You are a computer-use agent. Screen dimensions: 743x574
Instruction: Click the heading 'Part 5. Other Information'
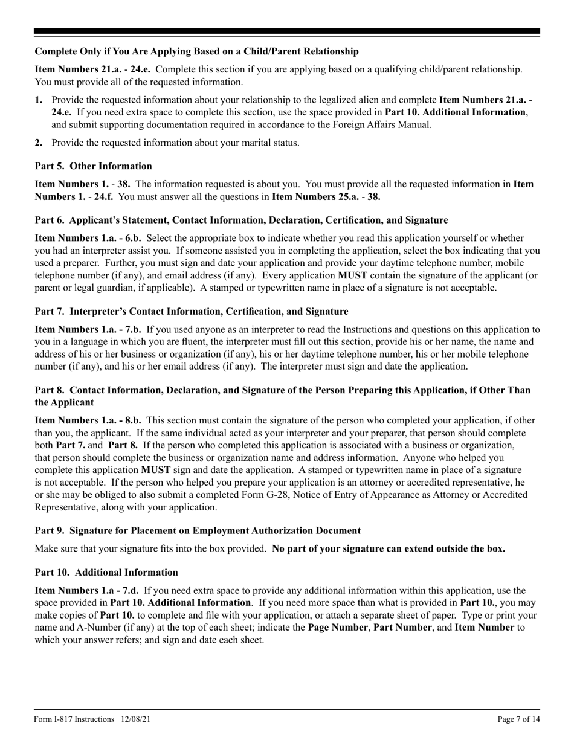[94, 166]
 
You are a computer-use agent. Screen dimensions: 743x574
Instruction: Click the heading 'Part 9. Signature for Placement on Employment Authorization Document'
[198, 531]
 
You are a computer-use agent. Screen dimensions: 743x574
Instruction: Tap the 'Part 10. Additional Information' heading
[106, 573]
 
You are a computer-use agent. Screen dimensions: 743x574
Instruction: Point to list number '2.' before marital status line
[39, 143]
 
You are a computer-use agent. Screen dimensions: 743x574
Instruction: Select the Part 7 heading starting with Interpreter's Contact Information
[192, 312]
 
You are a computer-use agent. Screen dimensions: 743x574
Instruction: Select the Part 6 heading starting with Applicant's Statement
[241, 220]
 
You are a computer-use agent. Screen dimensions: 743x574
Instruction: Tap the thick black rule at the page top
[287, 31]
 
